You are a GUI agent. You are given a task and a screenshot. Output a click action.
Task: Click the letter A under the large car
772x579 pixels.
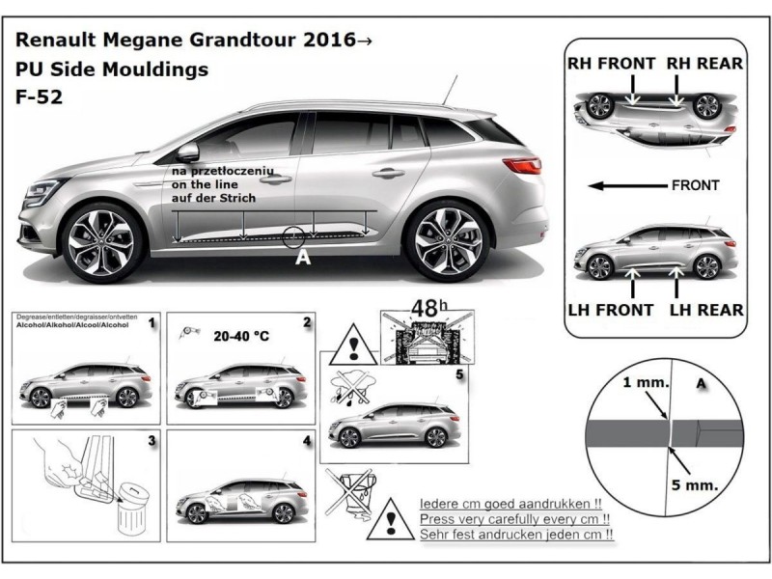click(303, 258)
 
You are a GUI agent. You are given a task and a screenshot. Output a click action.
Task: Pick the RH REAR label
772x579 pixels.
click(703, 64)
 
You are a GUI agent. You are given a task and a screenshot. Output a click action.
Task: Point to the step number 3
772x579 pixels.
click(152, 443)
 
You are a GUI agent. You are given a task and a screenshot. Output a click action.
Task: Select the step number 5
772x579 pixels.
click(458, 372)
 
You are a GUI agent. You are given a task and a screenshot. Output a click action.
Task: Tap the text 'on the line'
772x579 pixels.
click(209, 183)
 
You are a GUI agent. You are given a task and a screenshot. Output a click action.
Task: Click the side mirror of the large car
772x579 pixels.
click(186, 152)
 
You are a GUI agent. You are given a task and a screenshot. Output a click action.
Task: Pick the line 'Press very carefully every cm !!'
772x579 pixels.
click(517, 519)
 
